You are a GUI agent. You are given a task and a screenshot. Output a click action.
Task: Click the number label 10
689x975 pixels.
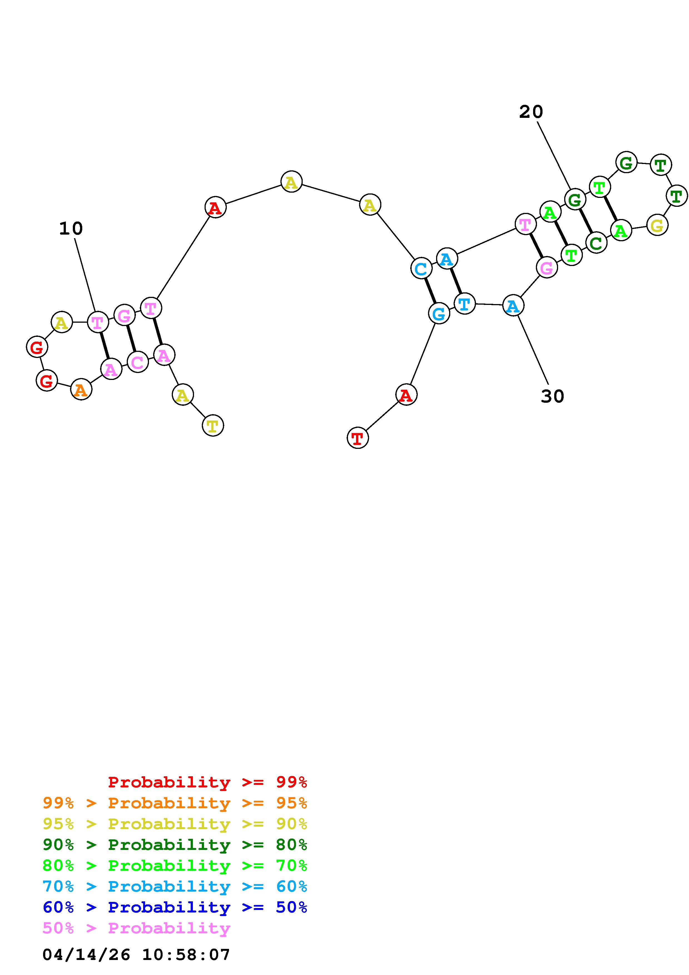click(71, 229)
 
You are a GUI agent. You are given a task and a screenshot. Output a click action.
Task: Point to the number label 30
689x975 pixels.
click(552, 397)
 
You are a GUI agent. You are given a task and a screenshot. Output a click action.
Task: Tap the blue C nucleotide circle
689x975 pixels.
click(421, 268)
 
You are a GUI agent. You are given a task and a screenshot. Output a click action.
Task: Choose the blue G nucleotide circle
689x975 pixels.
click(439, 314)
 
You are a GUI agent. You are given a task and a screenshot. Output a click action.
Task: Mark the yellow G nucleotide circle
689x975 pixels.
click(657, 225)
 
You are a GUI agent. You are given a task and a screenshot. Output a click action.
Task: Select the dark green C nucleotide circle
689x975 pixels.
click(596, 243)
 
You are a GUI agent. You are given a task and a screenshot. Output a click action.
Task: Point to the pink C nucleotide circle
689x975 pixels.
click(138, 362)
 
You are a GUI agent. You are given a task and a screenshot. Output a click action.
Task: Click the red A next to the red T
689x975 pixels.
click(406, 395)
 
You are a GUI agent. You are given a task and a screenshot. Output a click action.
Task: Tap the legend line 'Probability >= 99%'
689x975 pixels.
click(208, 782)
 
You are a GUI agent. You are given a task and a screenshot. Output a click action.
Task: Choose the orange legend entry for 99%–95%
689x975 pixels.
click(175, 803)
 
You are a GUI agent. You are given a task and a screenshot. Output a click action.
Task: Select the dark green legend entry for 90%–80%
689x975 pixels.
click(175, 845)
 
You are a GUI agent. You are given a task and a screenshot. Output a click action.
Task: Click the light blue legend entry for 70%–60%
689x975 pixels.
click(175, 886)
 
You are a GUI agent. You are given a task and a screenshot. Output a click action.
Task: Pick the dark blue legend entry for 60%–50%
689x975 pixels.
click(175, 907)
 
